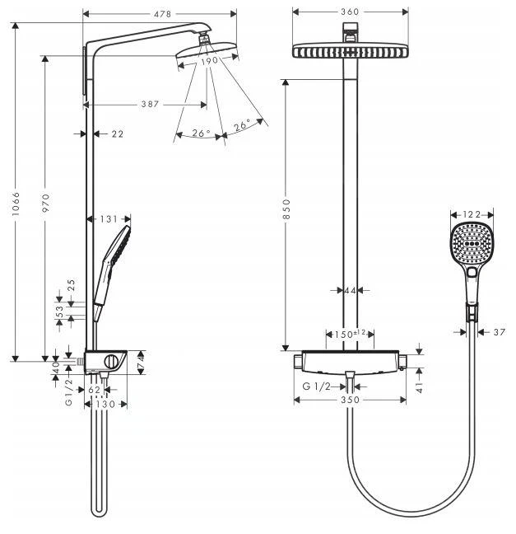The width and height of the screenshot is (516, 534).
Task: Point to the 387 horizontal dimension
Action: (149, 105)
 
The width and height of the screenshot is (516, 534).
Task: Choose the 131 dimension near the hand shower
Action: (108, 218)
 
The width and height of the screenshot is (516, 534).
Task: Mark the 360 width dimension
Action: (351, 12)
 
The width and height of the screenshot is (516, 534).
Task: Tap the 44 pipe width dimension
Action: (350, 290)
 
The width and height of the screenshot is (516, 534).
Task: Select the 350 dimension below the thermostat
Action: (351, 401)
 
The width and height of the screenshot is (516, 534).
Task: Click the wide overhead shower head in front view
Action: (351, 51)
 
